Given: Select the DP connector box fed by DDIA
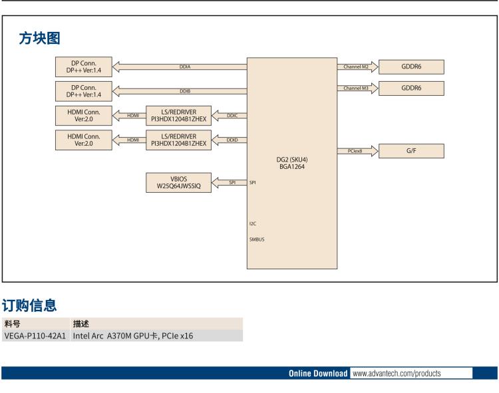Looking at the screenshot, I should (x=84, y=66).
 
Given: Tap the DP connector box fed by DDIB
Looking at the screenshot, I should (x=84, y=90).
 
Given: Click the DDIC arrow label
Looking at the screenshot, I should (x=232, y=116).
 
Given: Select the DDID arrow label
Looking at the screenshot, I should (x=232, y=140).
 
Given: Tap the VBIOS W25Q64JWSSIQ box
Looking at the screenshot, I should (x=178, y=183).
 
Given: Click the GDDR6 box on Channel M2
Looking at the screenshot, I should (x=411, y=66).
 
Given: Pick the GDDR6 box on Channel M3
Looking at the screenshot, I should (x=411, y=88).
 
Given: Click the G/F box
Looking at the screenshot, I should (x=411, y=151).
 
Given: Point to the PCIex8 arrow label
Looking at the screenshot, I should (x=355, y=151).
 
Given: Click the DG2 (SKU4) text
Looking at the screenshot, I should (x=292, y=160).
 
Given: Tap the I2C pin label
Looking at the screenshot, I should (x=253, y=223).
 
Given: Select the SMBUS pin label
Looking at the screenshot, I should (x=257, y=239).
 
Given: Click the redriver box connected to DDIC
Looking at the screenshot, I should (x=178, y=116).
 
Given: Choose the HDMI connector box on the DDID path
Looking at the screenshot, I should (x=84, y=140).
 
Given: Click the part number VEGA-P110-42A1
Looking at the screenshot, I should (x=35, y=336).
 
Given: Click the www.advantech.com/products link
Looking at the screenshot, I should (x=396, y=373).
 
